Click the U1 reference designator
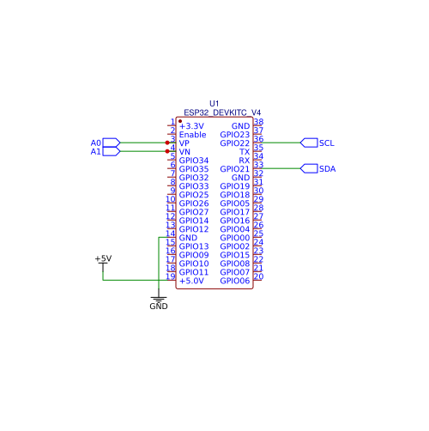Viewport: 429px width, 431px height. (x=214, y=103)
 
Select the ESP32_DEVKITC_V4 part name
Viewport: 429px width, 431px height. (x=222, y=112)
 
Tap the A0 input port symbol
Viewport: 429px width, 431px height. (x=112, y=143)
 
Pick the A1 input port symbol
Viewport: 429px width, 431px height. (x=112, y=151)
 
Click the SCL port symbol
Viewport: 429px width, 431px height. (x=309, y=143)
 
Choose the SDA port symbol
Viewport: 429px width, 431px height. (x=309, y=168)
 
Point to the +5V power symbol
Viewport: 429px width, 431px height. (x=103, y=262)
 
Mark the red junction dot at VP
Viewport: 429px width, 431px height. (x=167, y=143)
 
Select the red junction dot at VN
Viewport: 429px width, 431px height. (x=167, y=151)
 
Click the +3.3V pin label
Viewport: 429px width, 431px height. (x=191, y=126)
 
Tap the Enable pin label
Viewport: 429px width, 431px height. (x=192, y=135)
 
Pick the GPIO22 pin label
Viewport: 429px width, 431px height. (x=235, y=143)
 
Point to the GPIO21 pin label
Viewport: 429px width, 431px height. (x=235, y=169)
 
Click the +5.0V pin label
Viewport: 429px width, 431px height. (x=191, y=281)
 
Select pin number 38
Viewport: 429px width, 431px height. (x=258, y=122)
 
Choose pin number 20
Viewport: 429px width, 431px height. (x=258, y=276)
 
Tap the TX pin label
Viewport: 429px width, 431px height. (x=245, y=152)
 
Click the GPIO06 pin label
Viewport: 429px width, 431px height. (x=235, y=281)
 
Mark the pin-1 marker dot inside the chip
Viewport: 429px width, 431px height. (x=180, y=121)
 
